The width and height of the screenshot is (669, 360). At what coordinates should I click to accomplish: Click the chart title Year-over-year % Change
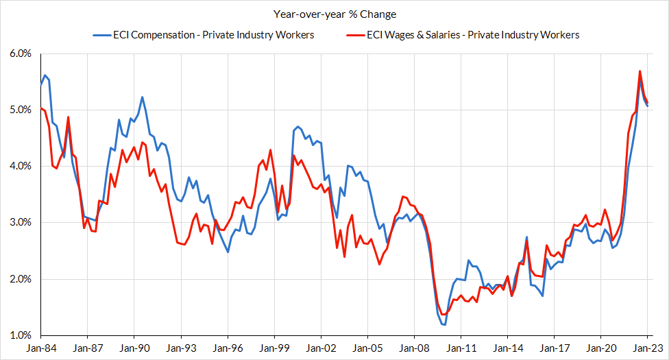coord(334,14)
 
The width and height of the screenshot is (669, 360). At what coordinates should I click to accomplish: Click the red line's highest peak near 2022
coord(640,71)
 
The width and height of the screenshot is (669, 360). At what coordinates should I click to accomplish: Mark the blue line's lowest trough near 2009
coord(445,324)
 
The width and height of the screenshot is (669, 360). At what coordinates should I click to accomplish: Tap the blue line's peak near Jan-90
coord(142,97)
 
